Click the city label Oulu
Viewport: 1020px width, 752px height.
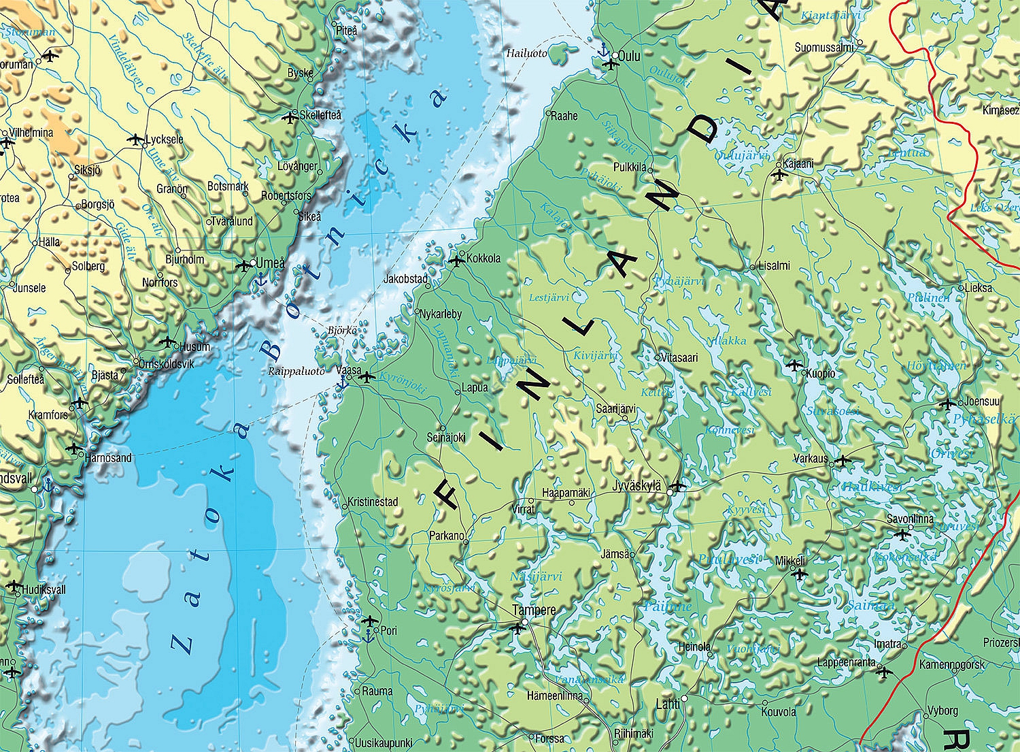coord(630,56)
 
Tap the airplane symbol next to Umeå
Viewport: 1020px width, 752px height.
coord(244,265)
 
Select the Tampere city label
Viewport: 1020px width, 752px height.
coord(534,610)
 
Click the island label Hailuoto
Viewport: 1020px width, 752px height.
coord(526,52)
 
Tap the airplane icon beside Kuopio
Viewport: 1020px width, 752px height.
coord(794,365)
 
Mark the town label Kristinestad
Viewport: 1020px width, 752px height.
coord(373,502)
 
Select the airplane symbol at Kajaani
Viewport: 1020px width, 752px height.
coord(779,175)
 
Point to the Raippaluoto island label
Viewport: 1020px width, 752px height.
coord(296,371)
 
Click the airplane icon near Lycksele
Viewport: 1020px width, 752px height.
coord(135,140)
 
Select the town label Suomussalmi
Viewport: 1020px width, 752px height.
coord(824,48)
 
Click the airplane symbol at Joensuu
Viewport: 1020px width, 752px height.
coord(947,404)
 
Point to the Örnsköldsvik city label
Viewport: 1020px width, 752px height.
coord(165,363)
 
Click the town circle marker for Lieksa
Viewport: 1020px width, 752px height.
coord(962,288)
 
